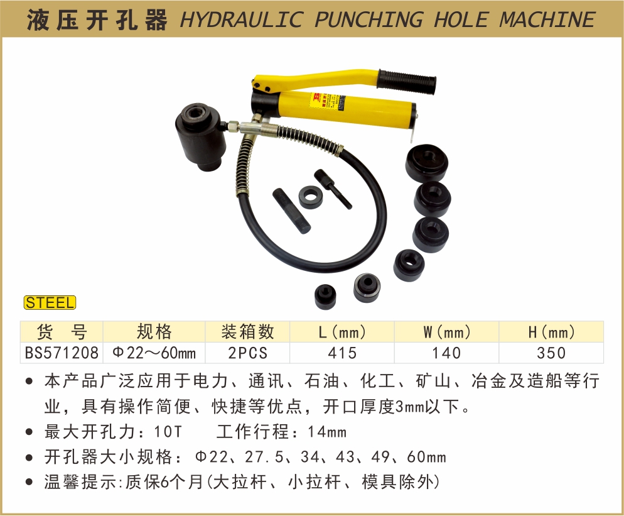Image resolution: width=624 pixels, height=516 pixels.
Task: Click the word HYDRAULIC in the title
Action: pyautogui.click(x=241, y=19)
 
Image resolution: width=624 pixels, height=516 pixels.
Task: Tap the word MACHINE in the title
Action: pyautogui.click(x=547, y=19)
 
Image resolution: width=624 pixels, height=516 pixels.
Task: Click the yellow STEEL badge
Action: pyautogui.click(x=50, y=303)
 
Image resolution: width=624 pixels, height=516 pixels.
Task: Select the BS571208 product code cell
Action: pyautogui.click(x=62, y=353)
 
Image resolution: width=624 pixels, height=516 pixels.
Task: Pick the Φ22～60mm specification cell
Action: pyautogui.click(x=154, y=353)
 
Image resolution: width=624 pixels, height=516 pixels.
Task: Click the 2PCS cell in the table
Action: pyautogui.click(x=247, y=353)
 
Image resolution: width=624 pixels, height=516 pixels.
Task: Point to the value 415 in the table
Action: pyautogui.click(x=342, y=353)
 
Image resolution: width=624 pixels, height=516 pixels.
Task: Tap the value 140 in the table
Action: pyautogui.click(x=446, y=353)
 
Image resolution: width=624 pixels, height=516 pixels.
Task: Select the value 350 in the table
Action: pyautogui.click(x=551, y=353)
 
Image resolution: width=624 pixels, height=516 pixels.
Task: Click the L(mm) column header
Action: pyautogui.click(x=342, y=332)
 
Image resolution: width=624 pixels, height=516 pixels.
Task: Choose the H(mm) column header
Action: pyautogui.click(x=552, y=332)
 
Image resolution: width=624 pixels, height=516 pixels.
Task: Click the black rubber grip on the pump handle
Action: pyautogui.click(x=406, y=82)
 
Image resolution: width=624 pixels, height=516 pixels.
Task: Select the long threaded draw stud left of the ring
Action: pyautogui.click(x=292, y=211)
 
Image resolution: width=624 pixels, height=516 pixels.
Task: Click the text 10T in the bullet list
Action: pyautogui.click(x=168, y=432)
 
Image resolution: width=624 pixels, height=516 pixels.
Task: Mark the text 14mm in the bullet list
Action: pyautogui.click(x=326, y=432)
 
